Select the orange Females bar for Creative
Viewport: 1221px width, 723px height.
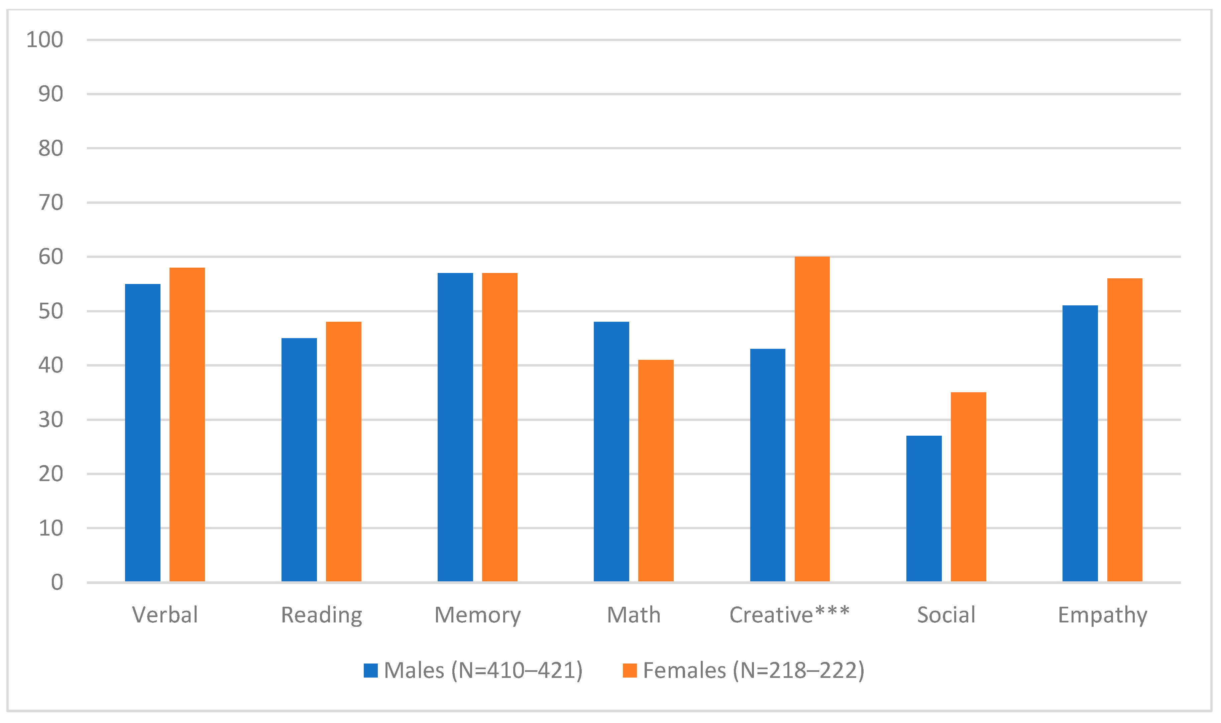pyautogui.click(x=812, y=419)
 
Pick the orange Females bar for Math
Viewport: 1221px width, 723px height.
pyautogui.click(x=656, y=471)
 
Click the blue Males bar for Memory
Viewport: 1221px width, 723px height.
pyautogui.click(x=455, y=427)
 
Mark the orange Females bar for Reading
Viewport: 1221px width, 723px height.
pyautogui.click(x=344, y=452)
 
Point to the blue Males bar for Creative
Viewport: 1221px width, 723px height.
pyautogui.click(x=768, y=465)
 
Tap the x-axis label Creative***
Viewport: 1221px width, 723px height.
pyautogui.click(x=789, y=615)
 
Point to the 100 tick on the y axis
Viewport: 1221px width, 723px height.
pyautogui.click(x=45, y=40)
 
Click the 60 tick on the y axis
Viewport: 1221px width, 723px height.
pyautogui.click(x=51, y=257)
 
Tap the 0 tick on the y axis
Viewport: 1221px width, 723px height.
pyautogui.click(x=57, y=582)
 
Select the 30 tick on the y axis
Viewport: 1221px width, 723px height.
pyautogui.click(x=51, y=420)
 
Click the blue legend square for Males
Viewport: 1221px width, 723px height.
pyautogui.click(x=370, y=671)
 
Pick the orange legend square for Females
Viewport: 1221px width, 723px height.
pyautogui.click(x=630, y=671)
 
